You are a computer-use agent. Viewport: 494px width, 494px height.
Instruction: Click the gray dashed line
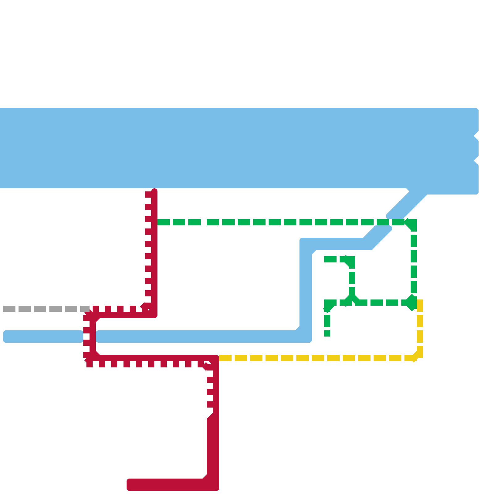click(x=46, y=309)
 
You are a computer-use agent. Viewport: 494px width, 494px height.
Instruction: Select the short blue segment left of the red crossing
click(x=43, y=337)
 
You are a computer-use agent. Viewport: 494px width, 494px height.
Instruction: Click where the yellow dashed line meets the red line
click(x=218, y=358)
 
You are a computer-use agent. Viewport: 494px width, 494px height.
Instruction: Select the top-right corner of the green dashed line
click(x=414, y=222)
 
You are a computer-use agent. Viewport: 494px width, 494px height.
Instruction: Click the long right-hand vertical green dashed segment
click(x=414, y=262)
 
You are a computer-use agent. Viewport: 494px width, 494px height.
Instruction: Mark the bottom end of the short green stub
click(x=327, y=335)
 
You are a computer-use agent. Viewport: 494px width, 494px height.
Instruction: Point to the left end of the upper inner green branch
click(x=325, y=259)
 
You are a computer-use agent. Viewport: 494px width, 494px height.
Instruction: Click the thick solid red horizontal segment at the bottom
click(x=167, y=485)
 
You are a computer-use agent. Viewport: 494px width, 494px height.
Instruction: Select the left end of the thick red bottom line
click(x=128, y=485)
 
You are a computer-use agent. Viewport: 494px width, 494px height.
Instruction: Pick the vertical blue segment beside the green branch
click(x=306, y=290)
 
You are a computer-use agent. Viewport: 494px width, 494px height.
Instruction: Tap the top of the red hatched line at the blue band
click(x=154, y=190)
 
